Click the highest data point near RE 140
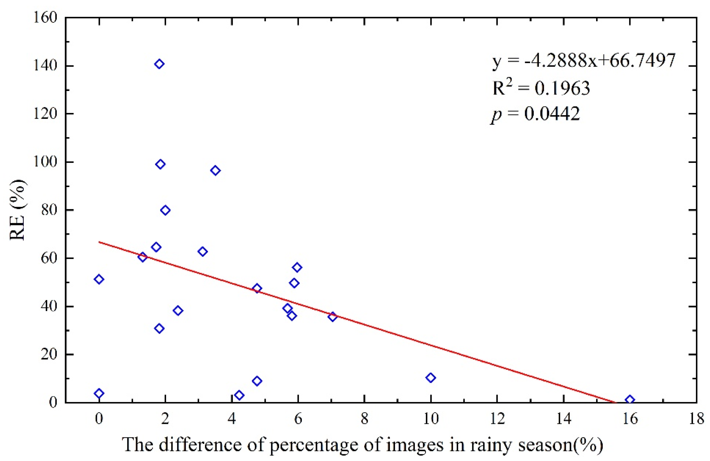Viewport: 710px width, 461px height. (159, 64)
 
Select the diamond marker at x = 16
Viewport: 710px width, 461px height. (629, 400)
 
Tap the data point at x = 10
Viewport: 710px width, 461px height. (431, 378)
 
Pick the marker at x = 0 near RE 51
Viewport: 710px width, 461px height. (99, 279)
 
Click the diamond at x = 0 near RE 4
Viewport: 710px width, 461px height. (99, 393)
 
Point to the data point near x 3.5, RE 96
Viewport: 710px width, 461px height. (215, 171)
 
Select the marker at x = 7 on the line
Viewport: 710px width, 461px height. (332, 317)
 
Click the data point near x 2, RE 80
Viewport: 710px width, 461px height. (165, 210)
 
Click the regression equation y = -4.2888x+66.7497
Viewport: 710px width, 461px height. (583, 61)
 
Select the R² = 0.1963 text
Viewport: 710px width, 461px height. (541, 88)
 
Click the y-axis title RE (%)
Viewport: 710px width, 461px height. (18, 210)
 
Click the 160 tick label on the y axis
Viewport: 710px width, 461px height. (45, 18)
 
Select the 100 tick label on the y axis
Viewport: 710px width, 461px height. (45, 162)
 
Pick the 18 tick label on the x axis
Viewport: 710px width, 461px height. (696, 419)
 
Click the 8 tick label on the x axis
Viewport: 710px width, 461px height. (364, 419)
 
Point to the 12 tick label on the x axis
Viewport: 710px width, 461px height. (497, 419)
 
